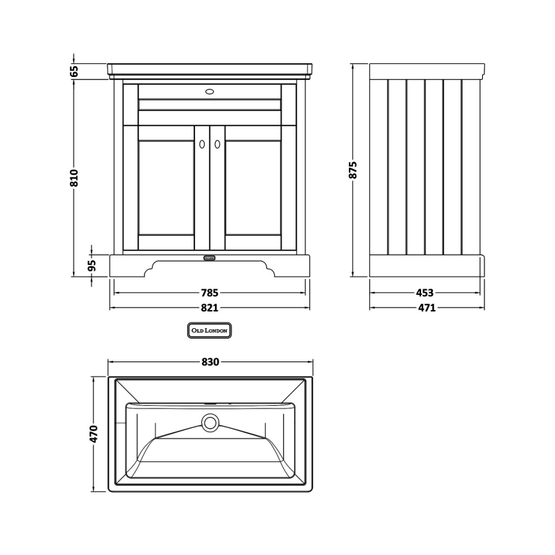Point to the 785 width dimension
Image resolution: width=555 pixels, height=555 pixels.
click(210, 292)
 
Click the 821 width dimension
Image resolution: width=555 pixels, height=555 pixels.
click(210, 307)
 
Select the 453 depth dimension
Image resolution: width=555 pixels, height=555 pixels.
click(427, 292)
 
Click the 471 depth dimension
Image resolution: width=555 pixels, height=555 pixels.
click(427, 307)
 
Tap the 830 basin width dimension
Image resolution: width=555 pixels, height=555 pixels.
click(210, 361)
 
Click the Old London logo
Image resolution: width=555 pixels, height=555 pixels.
click(210, 331)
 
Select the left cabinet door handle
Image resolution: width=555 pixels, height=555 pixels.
click(202, 144)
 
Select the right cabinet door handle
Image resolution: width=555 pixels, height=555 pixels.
click(217, 144)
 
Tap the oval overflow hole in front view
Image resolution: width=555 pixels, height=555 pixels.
click(210, 90)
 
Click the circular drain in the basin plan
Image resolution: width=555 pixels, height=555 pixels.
click(210, 420)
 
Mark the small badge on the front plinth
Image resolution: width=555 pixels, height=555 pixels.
click(210, 258)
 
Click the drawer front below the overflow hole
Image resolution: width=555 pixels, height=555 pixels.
click(210, 105)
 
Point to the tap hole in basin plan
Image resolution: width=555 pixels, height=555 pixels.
click(210, 403)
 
